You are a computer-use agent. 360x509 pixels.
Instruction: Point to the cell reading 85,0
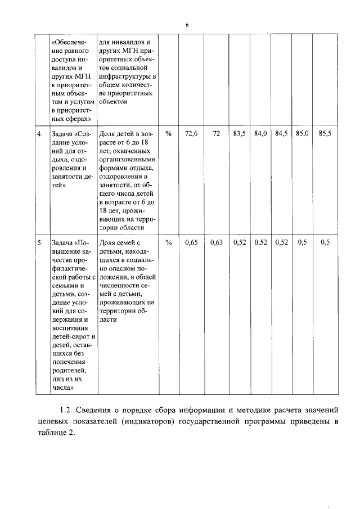302,134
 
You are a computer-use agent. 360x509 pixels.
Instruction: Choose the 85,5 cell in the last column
325,134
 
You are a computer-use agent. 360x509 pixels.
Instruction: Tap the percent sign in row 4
169,134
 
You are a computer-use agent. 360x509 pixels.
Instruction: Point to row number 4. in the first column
40,134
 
